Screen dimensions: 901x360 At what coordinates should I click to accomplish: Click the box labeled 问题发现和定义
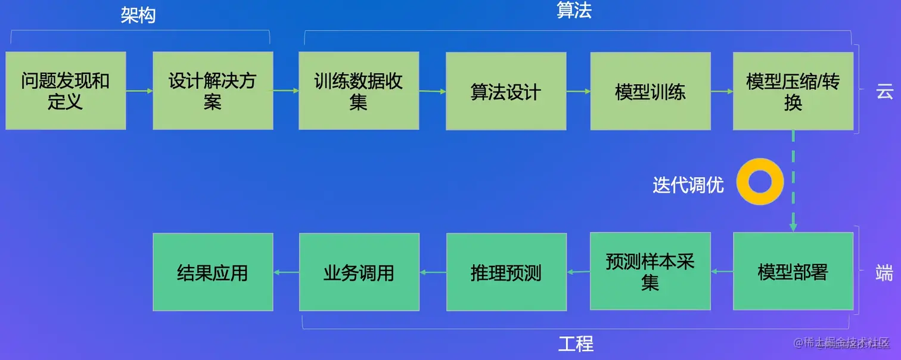pos(66,91)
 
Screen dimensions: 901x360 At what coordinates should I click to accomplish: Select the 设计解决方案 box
pos(213,91)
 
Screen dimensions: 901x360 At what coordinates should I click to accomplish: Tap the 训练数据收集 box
pos(359,91)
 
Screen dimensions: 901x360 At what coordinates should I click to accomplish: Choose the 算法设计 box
pos(506,91)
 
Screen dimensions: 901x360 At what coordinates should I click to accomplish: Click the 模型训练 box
pos(650,91)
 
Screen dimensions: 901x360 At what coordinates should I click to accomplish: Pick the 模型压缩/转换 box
pos(793,91)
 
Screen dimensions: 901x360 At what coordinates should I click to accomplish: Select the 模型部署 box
pos(793,272)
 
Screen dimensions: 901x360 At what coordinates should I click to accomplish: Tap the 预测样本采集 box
pos(650,272)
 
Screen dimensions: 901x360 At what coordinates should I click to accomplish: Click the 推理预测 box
pos(506,272)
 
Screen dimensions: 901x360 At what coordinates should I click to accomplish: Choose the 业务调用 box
pos(359,272)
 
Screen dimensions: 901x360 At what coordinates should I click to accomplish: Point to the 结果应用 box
pos(213,272)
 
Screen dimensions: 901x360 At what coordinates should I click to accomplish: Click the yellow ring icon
pos(759,182)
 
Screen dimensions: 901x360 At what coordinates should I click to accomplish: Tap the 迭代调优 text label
pos(688,185)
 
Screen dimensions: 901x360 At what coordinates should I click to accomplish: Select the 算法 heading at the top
pos(574,10)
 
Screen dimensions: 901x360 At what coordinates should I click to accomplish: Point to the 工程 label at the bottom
pos(576,344)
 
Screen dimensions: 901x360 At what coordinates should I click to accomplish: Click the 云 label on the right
pos(884,91)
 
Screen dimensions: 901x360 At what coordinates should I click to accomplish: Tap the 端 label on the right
pos(884,272)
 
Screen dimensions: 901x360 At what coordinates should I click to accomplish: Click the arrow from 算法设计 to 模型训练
pos(578,91)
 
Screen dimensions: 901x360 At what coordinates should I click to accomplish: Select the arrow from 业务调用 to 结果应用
pos(286,272)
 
